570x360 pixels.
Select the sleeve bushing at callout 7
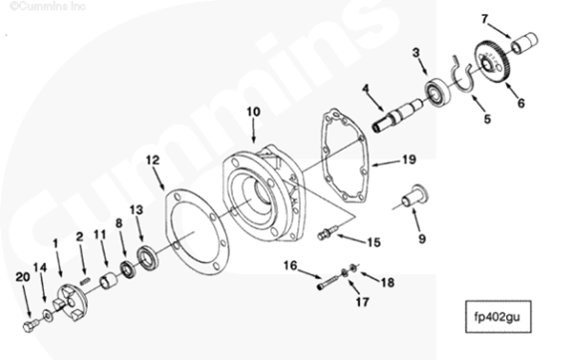pos(524,43)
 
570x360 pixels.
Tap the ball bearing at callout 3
pos(437,91)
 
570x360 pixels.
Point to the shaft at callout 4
pos(398,115)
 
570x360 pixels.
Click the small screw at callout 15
pos(328,232)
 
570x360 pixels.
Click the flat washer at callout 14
pos(48,315)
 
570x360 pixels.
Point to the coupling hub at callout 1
pos(73,302)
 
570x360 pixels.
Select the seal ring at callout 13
pos(147,258)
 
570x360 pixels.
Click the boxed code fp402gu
pos(498,316)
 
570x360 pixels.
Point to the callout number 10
pos(253,112)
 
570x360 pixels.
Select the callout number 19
pos(409,160)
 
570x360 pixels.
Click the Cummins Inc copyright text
pos(47,6)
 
